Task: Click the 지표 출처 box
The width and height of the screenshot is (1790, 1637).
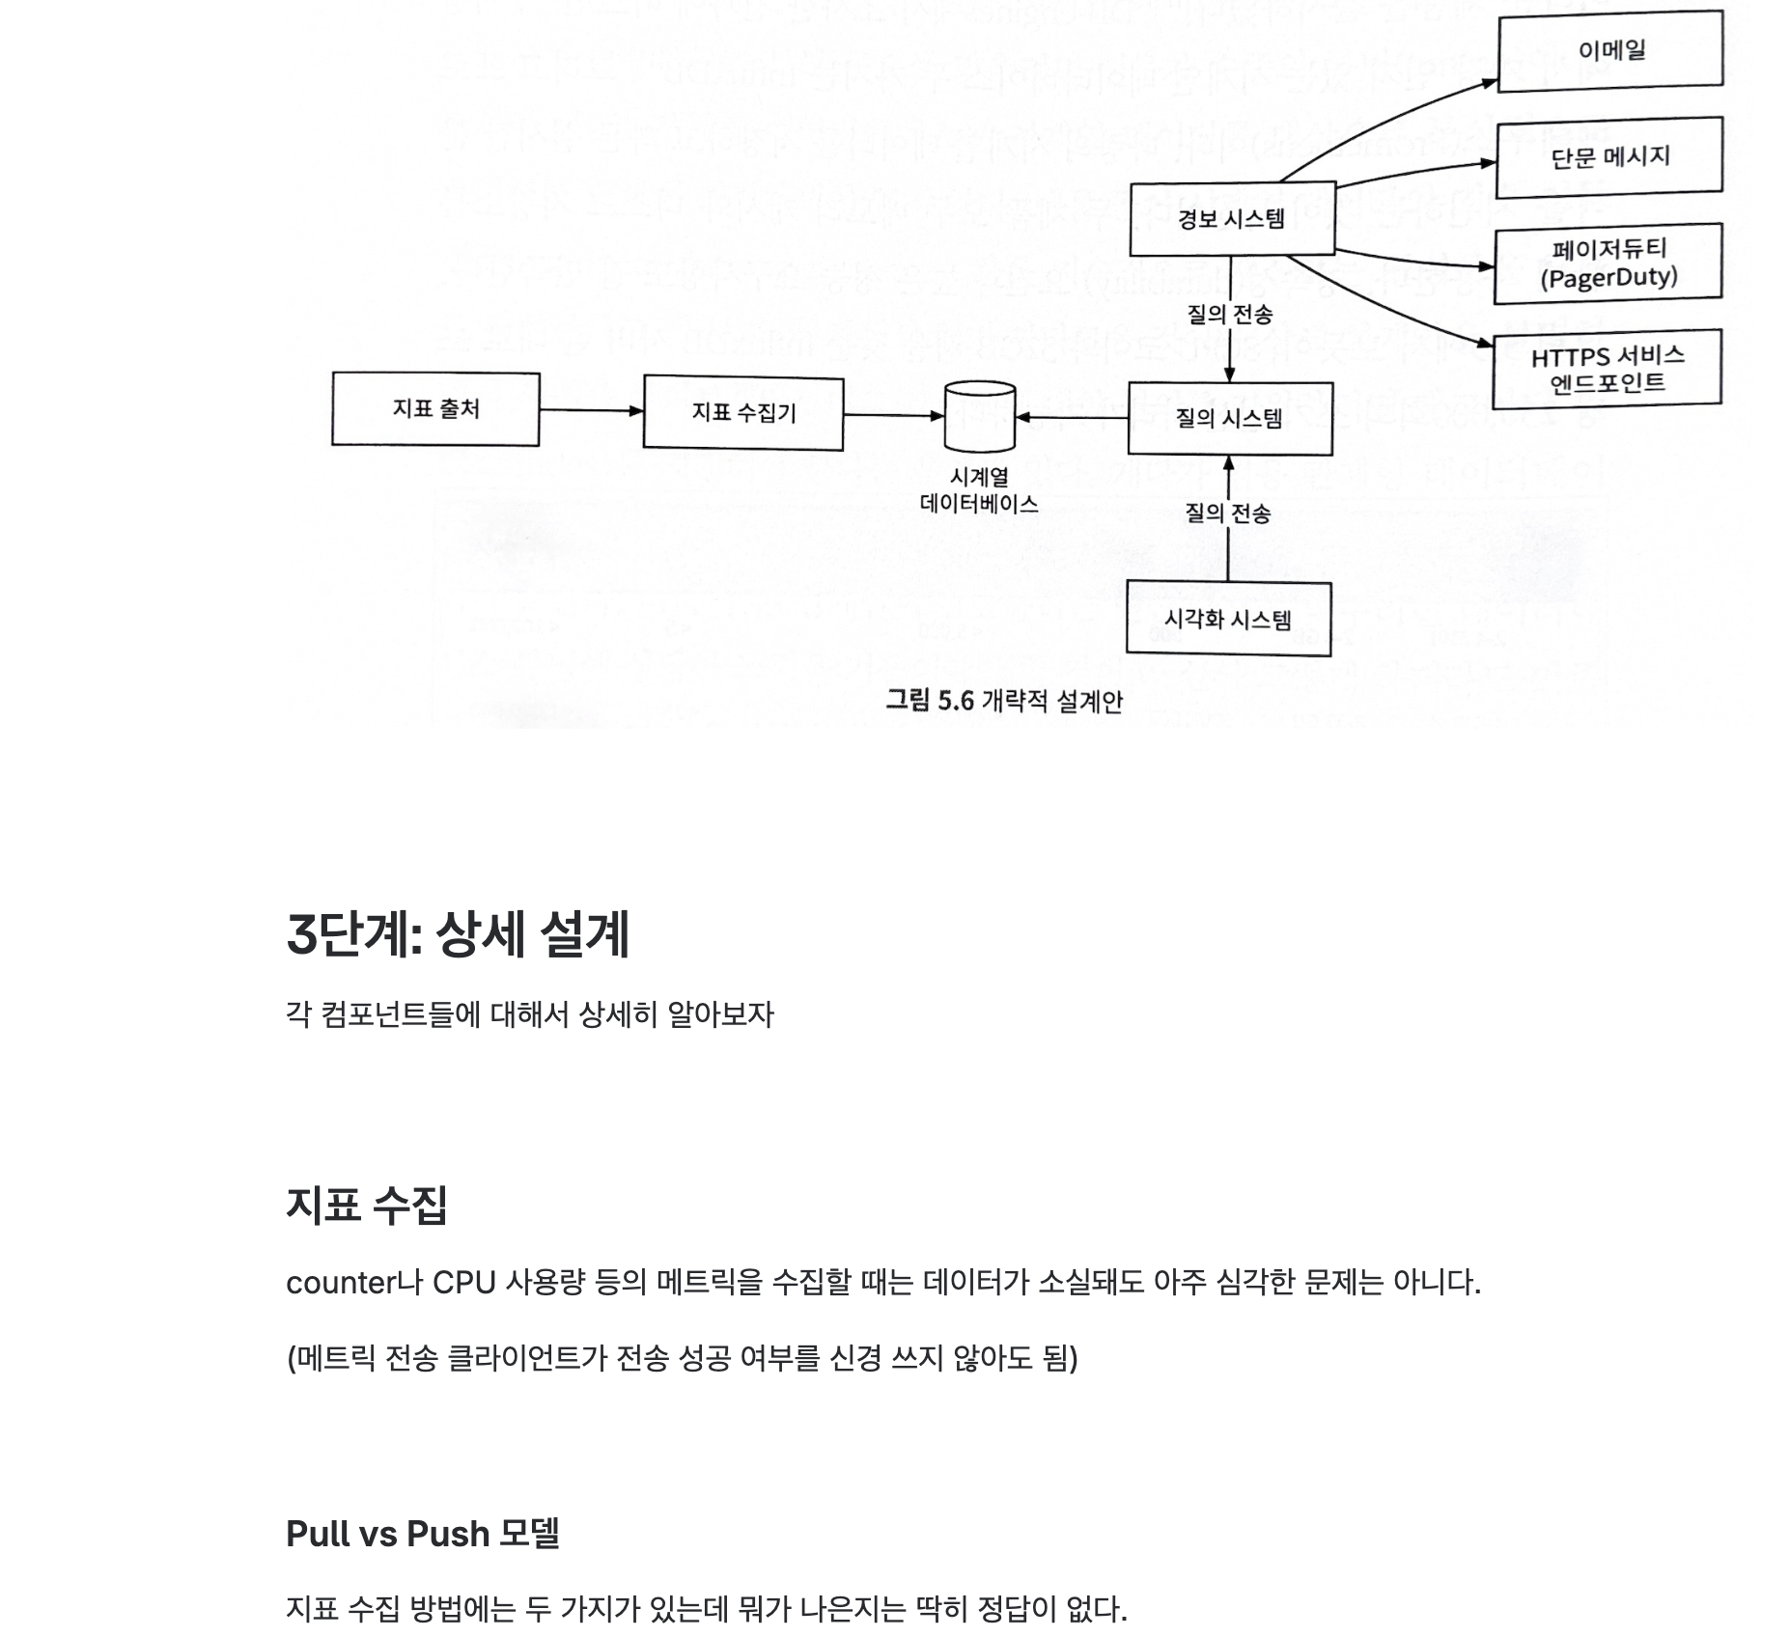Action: [x=435, y=409]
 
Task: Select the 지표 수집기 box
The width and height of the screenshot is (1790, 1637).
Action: [x=742, y=413]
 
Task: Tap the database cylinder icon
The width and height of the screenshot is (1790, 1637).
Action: [x=979, y=417]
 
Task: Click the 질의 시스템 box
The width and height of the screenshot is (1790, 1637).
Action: [x=1229, y=418]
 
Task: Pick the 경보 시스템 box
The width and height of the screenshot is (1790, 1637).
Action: [x=1231, y=219]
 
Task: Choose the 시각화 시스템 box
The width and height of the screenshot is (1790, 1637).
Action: [x=1228, y=619]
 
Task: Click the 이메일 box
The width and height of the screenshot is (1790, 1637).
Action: [x=1609, y=50]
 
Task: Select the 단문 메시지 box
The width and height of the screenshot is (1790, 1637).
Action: [x=1608, y=156]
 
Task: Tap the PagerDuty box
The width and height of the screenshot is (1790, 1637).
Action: [x=1608, y=264]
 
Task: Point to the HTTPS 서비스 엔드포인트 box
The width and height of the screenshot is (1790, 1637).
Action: [x=1607, y=369]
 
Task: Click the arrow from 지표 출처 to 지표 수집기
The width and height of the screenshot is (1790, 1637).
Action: [x=591, y=410]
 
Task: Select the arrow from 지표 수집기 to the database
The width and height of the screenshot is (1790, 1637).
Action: [x=893, y=415]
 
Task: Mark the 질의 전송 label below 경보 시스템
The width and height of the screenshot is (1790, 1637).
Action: [x=1229, y=314]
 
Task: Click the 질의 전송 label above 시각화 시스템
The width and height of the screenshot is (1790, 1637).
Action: [x=1227, y=513]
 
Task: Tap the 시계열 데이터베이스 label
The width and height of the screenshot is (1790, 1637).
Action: [x=979, y=490]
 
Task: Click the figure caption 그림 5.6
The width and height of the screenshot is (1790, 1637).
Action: [x=1003, y=700]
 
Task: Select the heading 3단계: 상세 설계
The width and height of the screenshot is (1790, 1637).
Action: [x=458, y=934]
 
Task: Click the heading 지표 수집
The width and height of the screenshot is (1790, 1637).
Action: [x=367, y=1205]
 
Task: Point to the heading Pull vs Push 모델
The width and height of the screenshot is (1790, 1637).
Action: [x=423, y=1534]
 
